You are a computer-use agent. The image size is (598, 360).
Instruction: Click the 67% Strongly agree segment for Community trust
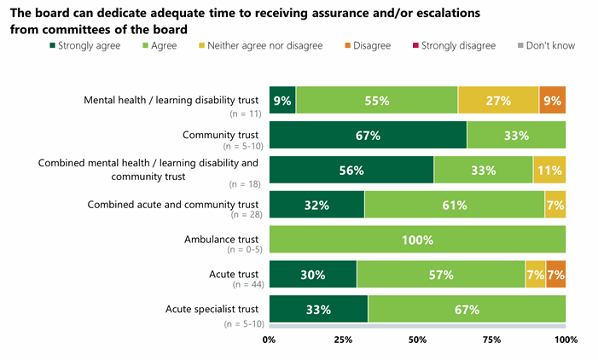[368, 136]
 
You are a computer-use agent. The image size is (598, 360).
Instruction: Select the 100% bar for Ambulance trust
[417, 240]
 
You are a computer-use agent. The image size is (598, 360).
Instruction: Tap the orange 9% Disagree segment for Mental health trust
[552, 101]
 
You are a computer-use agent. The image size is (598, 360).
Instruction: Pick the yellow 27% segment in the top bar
[498, 101]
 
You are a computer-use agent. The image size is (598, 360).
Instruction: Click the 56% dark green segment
[351, 170]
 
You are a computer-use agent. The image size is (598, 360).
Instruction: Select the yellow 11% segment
[549, 170]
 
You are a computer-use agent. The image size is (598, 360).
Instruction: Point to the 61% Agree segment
[455, 205]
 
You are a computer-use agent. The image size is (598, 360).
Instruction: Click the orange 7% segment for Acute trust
[556, 275]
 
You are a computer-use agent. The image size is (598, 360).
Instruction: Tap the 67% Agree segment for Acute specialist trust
[467, 310]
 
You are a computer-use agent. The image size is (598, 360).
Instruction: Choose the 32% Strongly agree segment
[316, 205]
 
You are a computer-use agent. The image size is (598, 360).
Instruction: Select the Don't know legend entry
[548, 45]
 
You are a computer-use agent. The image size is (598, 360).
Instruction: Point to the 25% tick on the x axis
[343, 340]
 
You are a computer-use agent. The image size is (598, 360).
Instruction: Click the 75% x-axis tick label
[491, 340]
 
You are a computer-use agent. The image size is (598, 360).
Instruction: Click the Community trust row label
[220, 134]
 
